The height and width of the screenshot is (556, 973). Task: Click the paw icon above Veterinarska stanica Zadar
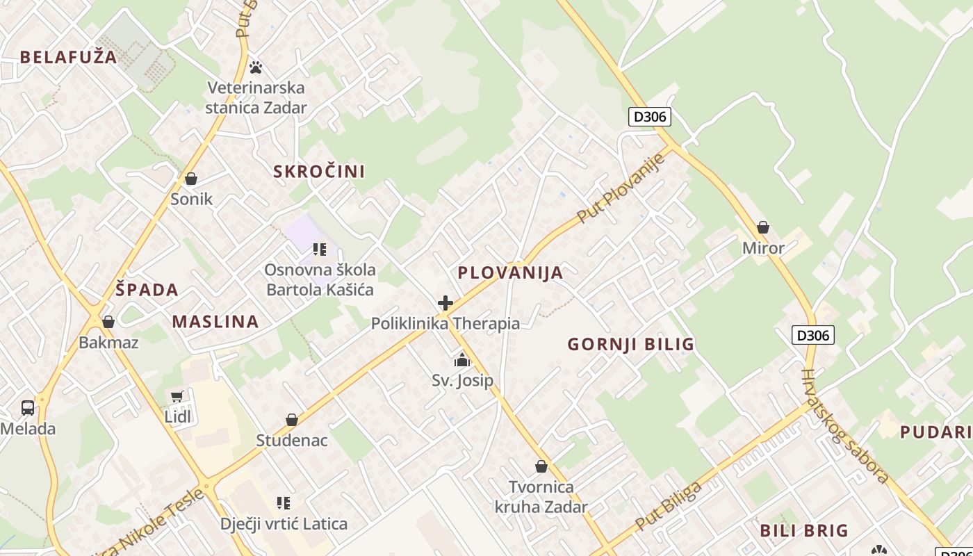pos(256,67)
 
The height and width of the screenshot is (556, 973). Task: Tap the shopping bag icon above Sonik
pos(191,179)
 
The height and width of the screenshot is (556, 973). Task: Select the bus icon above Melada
pos(28,408)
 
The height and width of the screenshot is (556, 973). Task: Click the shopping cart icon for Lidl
pos(177,397)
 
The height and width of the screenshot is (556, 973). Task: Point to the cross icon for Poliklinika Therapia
pos(445,303)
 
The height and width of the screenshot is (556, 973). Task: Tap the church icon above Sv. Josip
pos(462,360)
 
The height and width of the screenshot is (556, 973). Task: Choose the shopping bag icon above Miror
pos(762,227)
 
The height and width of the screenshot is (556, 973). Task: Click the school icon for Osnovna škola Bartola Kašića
pos(320,249)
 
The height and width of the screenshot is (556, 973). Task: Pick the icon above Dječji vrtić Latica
pos(283,502)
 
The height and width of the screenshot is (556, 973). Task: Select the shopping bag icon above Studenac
pos(292,420)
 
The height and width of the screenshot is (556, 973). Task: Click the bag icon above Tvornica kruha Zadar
pos(541,466)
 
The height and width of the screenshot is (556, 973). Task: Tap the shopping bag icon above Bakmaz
pos(108,322)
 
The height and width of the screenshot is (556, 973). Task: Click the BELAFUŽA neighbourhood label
pos(68,57)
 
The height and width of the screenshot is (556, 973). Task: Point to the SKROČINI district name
pos(319,172)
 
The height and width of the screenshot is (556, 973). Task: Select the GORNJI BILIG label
pos(630,344)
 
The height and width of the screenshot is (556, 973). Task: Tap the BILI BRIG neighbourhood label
pos(804,530)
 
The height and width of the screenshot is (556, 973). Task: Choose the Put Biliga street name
pos(668,505)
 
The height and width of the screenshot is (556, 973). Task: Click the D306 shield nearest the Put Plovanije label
pos(650,117)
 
